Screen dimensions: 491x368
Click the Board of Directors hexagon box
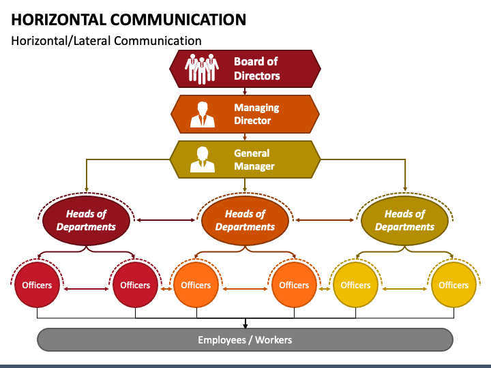tap(245, 69)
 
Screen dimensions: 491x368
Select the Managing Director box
tap(245, 114)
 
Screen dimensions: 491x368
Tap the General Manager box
tap(245, 159)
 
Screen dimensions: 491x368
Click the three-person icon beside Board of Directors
tap(202, 69)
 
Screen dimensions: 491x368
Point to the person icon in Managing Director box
tap(203, 114)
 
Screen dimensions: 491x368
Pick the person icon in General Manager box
tap(203, 159)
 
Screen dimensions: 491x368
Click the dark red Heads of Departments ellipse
tap(86, 220)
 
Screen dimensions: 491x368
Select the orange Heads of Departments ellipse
tap(245, 220)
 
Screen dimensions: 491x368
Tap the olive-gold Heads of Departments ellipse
tap(404, 220)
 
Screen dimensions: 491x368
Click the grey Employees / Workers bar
tap(245, 340)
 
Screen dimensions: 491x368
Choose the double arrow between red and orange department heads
tap(166, 220)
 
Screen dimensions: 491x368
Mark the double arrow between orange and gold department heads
tap(325, 220)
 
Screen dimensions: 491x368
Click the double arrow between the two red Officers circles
tap(86, 289)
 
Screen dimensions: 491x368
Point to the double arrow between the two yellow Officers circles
tap(404, 289)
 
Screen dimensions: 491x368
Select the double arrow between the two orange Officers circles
tap(245, 289)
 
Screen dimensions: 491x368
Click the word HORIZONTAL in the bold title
tap(59, 20)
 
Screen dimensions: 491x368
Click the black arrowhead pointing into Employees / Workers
tap(245, 326)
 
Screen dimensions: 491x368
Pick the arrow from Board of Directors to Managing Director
tap(245, 91)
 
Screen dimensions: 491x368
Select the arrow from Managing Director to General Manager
tap(245, 137)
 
